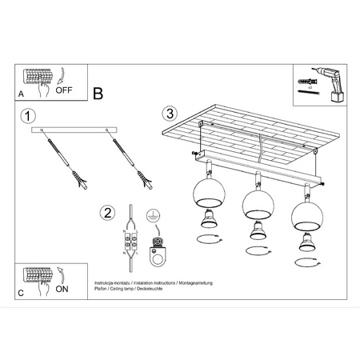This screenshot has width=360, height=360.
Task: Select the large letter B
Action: click(x=98, y=94)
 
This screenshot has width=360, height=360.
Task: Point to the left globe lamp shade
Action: click(x=205, y=198)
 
